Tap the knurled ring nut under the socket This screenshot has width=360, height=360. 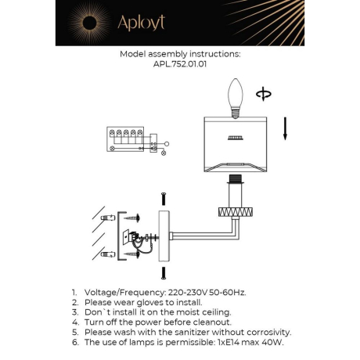coord(233,212)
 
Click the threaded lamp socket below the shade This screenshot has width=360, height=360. coord(233,193)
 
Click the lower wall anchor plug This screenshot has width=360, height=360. coord(110,254)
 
